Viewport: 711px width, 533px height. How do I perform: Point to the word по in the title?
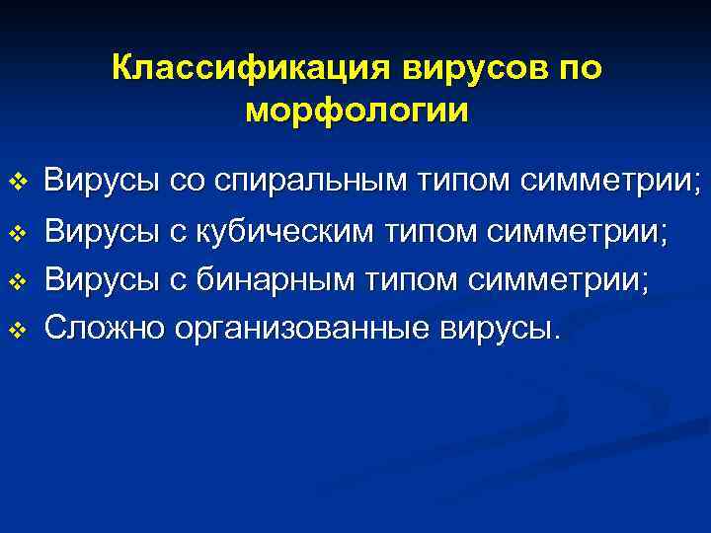(577, 68)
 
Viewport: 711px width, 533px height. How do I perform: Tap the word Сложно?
(104, 327)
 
